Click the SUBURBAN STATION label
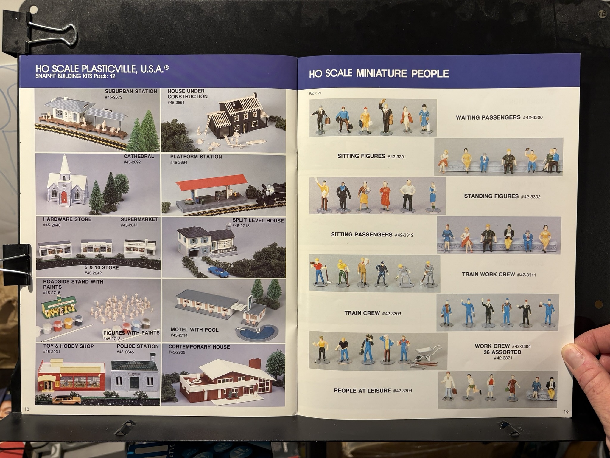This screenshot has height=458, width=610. tap(131, 91)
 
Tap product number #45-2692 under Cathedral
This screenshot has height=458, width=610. tap(132, 162)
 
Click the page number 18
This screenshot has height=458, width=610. tap(27, 409)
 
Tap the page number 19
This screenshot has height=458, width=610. tap(566, 412)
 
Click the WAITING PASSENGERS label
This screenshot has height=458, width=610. tap(488, 117)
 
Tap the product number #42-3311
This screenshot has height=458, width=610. tap(526, 275)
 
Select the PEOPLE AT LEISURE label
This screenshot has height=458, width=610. tap(362, 391)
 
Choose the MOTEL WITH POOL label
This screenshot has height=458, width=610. tap(194, 330)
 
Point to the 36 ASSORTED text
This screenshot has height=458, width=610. tap(502, 352)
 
